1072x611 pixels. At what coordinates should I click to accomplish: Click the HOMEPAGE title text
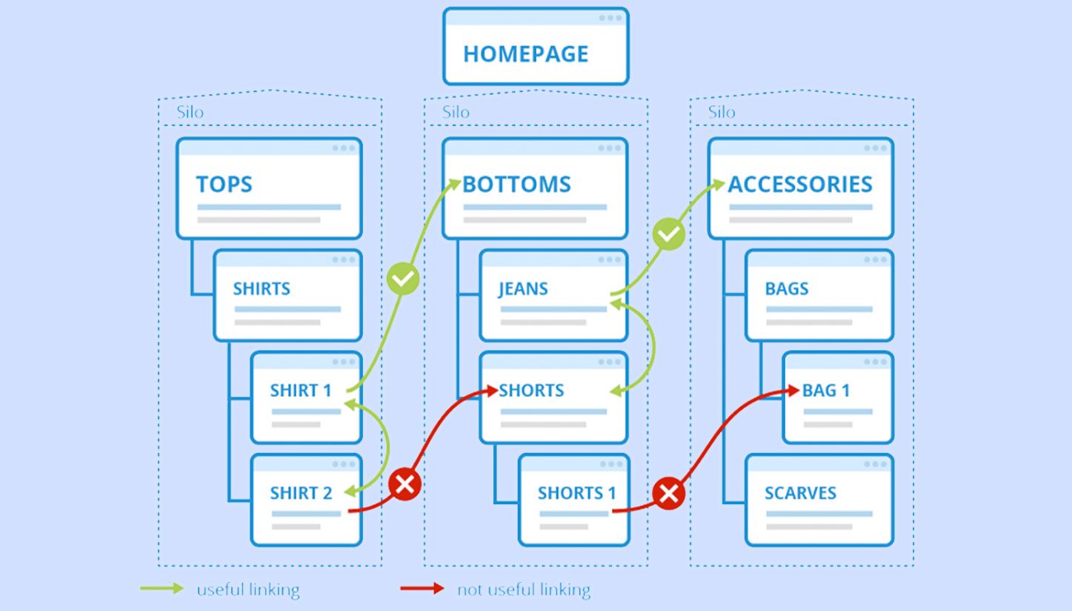tap(525, 54)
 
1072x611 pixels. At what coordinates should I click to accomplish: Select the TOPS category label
tap(224, 185)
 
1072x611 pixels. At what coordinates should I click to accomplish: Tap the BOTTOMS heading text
tap(516, 185)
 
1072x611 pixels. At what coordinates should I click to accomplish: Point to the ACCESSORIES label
tap(800, 185)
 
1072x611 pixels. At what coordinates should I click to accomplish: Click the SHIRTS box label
tap(262, 288)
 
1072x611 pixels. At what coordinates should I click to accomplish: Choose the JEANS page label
tap(523, 288)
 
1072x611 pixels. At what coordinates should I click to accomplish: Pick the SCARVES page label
tap(800, 493)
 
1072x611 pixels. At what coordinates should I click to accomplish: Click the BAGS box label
tap(787, 288)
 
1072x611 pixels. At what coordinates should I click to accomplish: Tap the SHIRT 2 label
tap(301, 493)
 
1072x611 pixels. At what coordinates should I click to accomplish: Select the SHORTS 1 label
tap(576, 493)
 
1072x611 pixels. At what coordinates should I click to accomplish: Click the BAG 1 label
tap(826, 391)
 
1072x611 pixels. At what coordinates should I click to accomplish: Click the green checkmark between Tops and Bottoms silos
tap(404, 280)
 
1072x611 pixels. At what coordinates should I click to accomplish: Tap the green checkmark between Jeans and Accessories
tap(668, 236)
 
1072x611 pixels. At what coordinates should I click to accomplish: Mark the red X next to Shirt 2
tap(405, 485)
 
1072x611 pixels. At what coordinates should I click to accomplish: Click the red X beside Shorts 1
tap(668, 493)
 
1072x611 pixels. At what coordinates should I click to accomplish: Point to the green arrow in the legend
tap(162, 589)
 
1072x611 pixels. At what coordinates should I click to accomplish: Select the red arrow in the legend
tap(422, 589)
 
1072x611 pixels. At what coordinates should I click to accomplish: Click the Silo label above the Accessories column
tap(722, 113)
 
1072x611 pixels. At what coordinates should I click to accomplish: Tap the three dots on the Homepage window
tap(610, 18)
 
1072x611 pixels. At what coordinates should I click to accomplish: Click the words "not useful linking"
tap(524, 590)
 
